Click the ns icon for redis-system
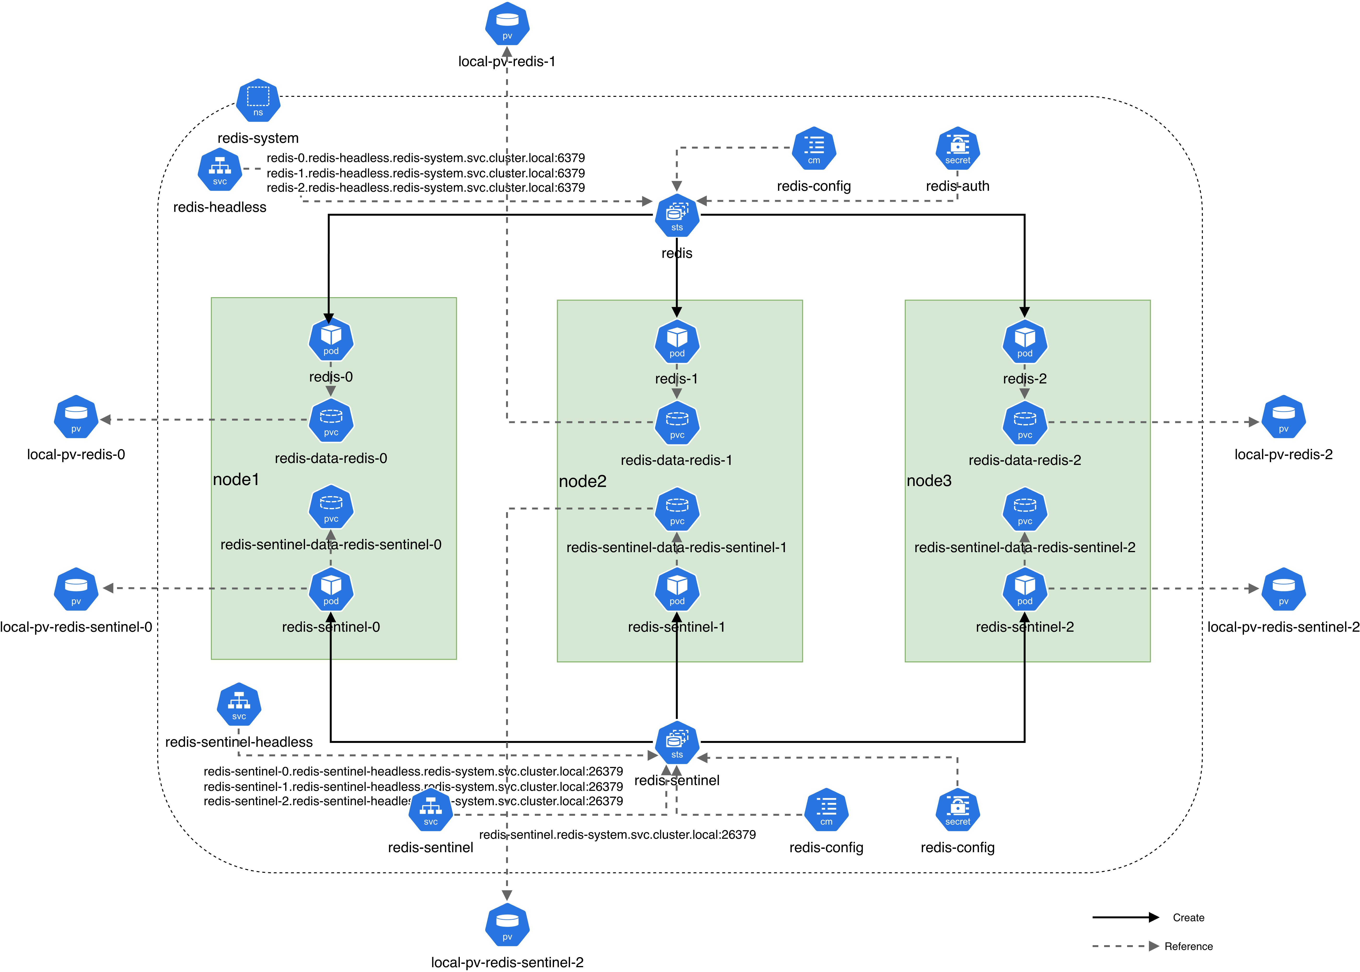258,101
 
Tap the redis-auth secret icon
957,148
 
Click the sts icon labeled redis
677,215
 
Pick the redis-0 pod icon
331,340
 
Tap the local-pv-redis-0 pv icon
76,417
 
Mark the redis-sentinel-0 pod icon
331,590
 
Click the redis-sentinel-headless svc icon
239,705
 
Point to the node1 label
236,480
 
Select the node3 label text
929,481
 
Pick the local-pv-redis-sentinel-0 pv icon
76,590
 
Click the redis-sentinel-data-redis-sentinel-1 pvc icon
677,510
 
